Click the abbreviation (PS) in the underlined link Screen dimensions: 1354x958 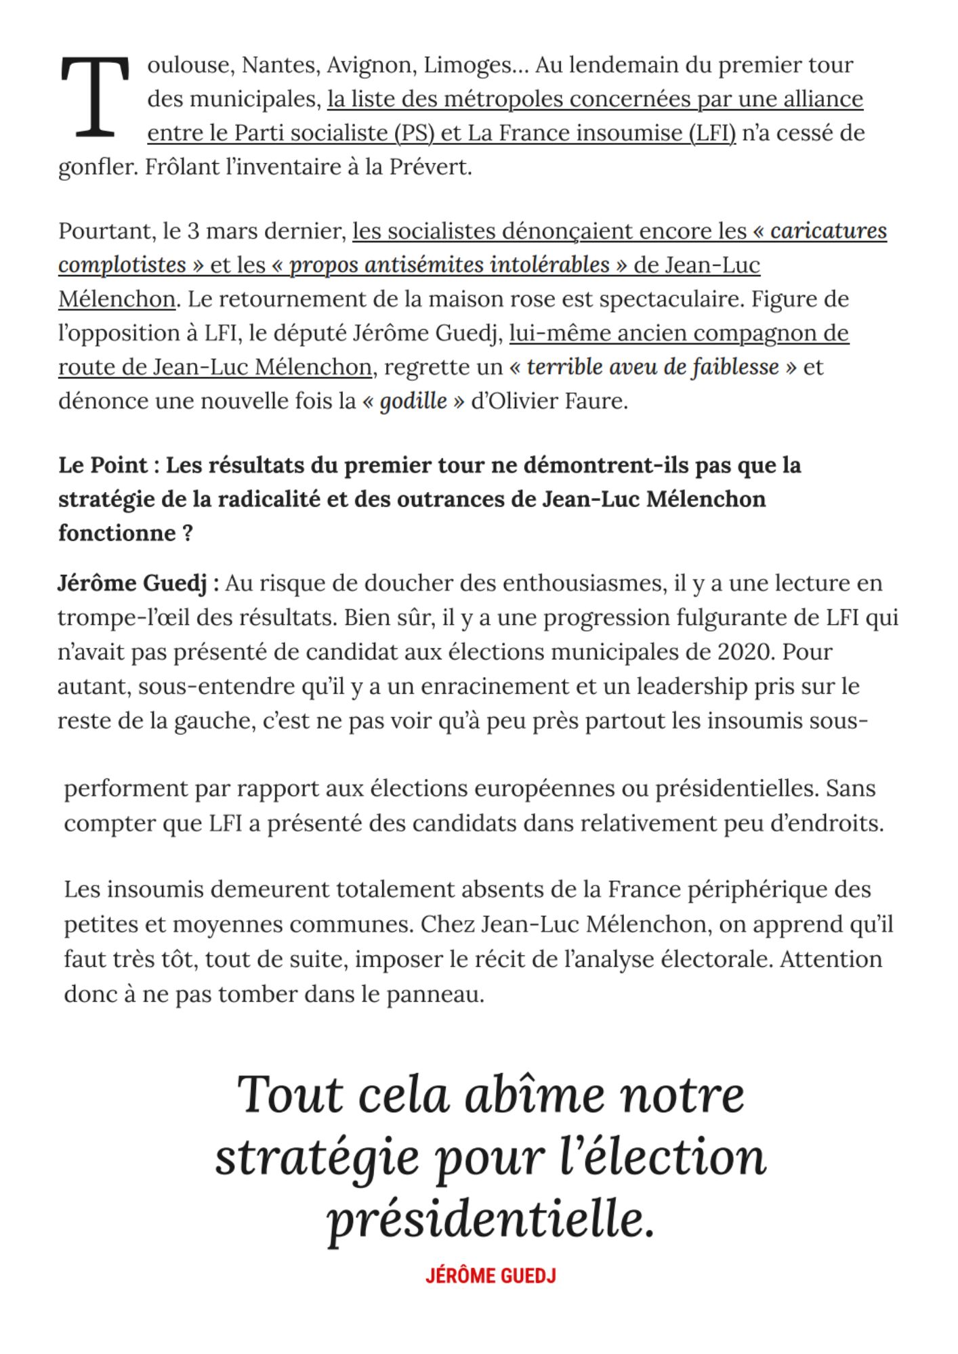click(414, 133)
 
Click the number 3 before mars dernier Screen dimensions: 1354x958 click(193, 231)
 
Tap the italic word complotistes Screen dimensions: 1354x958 click(122, 265)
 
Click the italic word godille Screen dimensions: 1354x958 click(413, 401)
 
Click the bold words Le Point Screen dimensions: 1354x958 click(102, 465)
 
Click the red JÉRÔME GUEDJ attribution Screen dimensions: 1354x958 click(491, 1276)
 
